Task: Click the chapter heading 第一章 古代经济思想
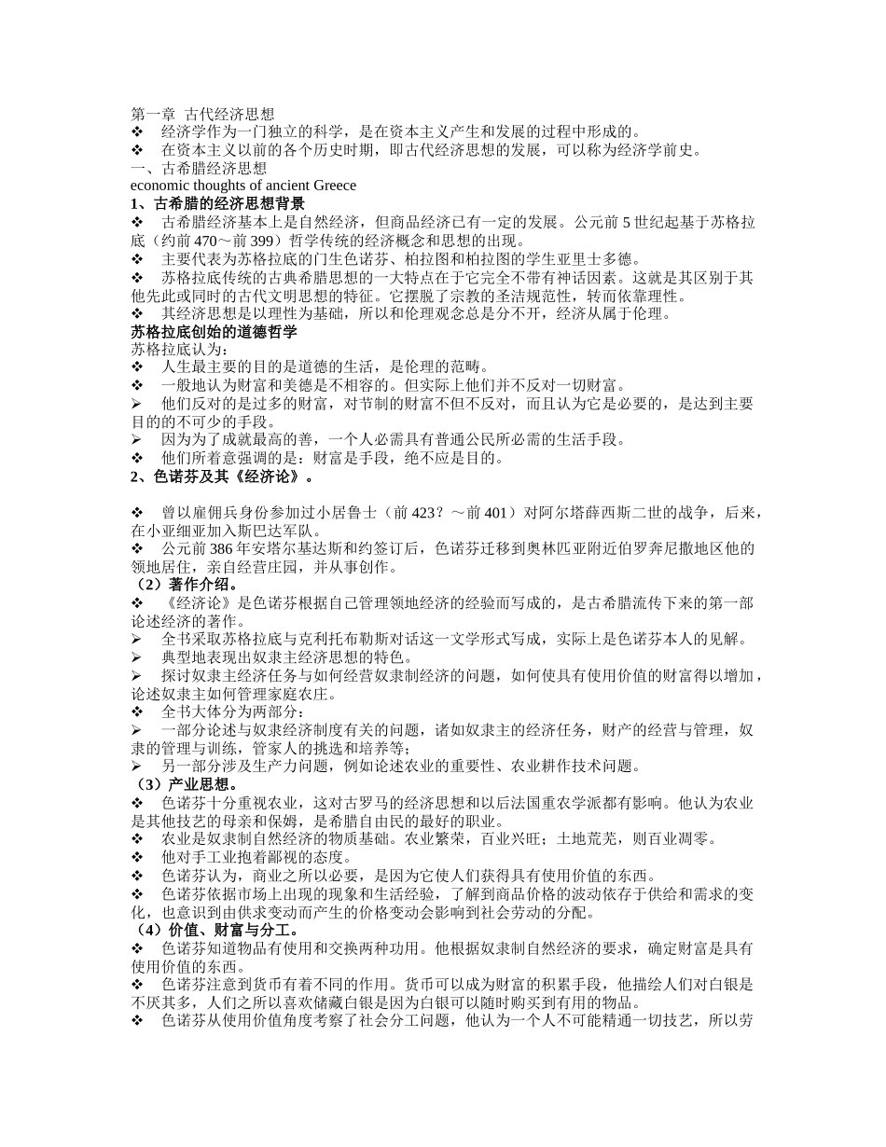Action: (x=202, y=114)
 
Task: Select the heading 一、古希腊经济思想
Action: (x=199, y=168)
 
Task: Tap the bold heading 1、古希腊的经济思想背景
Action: (x=217, y=204)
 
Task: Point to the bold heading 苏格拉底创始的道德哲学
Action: (x=214, y=331)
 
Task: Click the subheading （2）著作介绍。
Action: (x=184, y=586)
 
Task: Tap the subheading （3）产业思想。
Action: (x=184, y=785)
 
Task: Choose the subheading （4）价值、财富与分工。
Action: (x=215, y=931)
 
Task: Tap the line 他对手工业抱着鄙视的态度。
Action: (x=257, y=858)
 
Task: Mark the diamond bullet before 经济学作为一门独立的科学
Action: (x=137, y=132)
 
